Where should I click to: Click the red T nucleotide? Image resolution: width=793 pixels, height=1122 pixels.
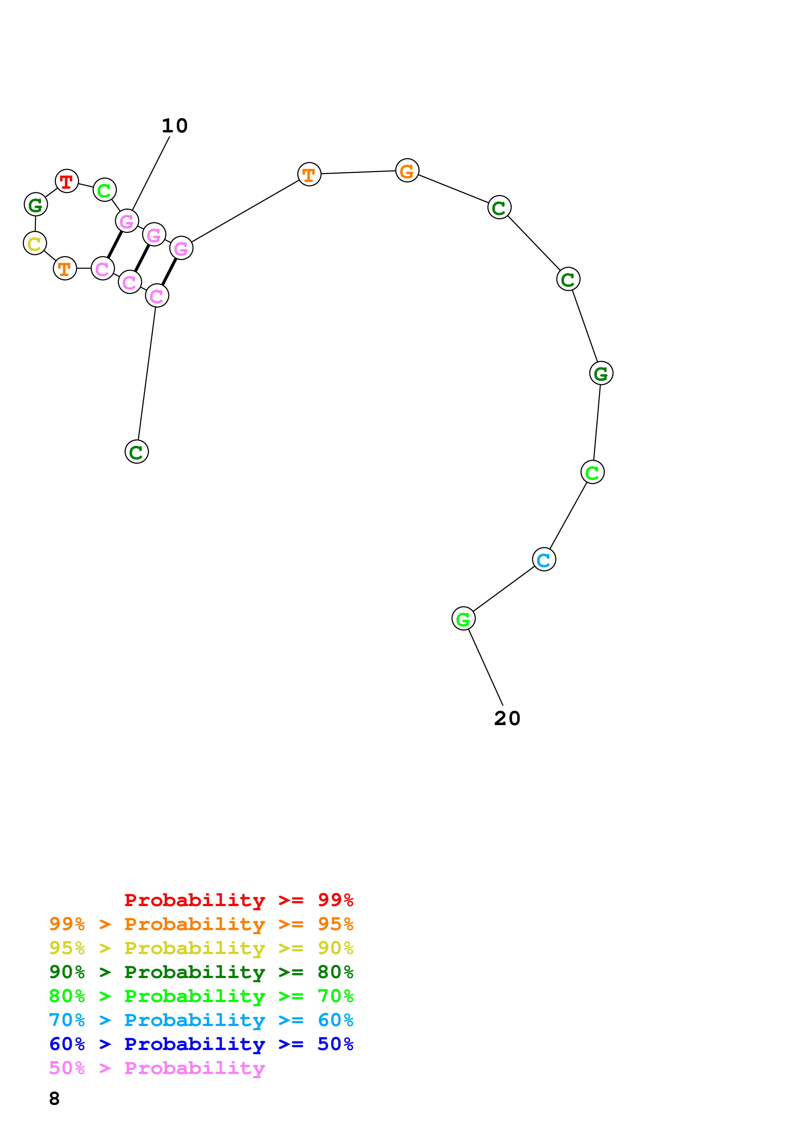pyautogui.click(x=67, y=181)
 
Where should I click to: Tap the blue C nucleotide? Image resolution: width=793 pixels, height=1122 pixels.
pyautogui.click(x=544, y=559)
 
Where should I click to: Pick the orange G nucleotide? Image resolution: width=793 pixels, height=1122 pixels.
pyautogui.click(x=407, y=170)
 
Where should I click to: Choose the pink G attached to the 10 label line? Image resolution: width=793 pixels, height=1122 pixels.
pyautogui.click(x=127, y=221)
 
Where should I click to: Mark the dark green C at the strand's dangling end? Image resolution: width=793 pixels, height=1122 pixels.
pyautogui.click(x=137, y=452)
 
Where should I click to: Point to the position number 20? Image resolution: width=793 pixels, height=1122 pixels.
pyautogui.click(x=507, y=718)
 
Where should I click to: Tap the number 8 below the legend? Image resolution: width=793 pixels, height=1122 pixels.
pyautogui.click(x=54, y=1099)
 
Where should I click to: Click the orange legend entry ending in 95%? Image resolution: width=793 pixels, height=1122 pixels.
pyautogui.click(x=201, y=924)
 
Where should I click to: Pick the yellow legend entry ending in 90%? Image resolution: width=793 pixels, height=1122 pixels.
pyautogui.click(x=201, y=948)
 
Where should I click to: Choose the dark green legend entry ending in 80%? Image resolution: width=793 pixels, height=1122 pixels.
pyautogui.click(x=201, y=972)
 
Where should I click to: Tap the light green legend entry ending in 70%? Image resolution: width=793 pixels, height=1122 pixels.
pyautogui.click(x=201, y=996)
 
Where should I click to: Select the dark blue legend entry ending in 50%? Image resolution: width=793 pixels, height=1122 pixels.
pyautogui.click(x=201, y=1044)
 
